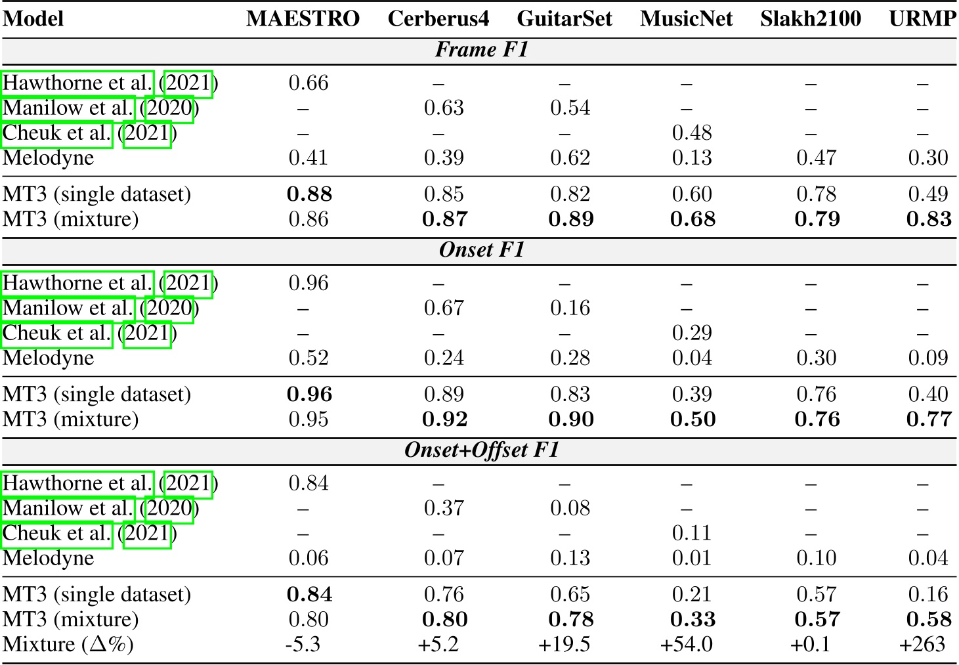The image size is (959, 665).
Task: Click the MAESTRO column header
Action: coord(303,18)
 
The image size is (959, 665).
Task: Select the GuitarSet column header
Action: coord(564,18)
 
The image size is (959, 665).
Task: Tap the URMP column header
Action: coord(922,18)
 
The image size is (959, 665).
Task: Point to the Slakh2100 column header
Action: coord(810,18)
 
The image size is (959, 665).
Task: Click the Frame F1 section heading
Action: coord(481,50)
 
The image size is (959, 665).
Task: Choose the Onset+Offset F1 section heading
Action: coord(481,450)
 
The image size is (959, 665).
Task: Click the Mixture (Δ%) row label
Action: coord(68,644)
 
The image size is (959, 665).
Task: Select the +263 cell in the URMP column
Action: coord(922,644)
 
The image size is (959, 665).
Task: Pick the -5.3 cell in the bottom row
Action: coord(303,644)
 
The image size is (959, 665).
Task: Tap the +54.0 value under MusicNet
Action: coord(686,644)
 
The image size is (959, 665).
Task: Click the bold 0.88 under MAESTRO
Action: coord(309,194)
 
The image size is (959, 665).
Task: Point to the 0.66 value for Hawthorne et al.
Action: coord(308,83)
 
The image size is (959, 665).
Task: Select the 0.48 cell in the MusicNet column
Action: coord(692,133)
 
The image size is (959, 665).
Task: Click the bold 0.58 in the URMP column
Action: coord(929,619)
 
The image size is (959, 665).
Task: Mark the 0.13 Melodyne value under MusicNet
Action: coord(692,158)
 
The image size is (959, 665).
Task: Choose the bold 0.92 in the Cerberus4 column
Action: coord(444,419)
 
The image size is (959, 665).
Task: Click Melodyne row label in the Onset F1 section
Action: coord(48,358)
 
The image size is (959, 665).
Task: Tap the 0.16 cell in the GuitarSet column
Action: coord(570,309)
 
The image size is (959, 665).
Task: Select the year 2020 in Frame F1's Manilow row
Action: coord(169,108)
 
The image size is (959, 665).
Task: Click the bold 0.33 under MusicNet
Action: coord(693,619)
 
